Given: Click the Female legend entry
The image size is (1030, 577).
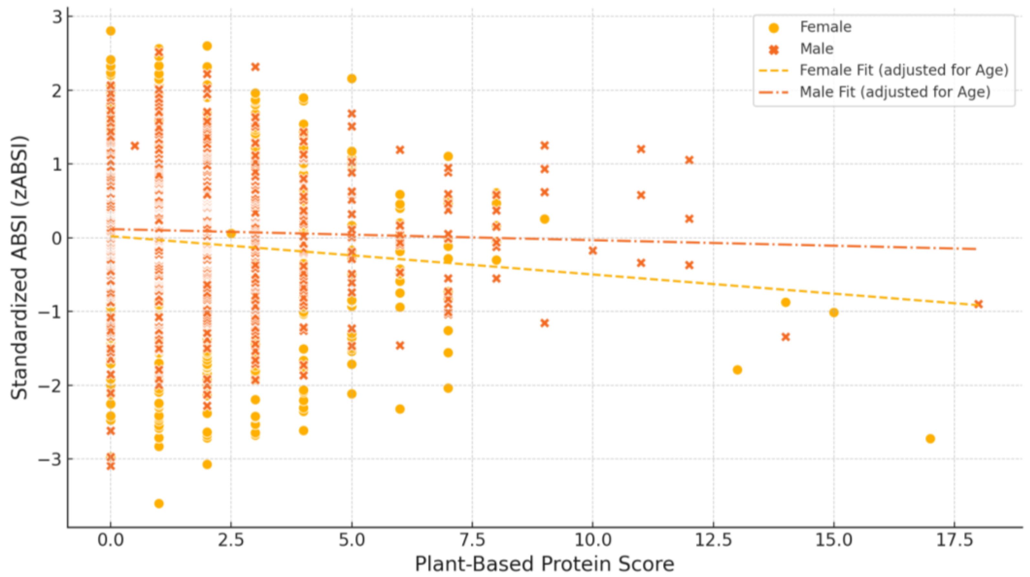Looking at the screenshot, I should click(825, 27).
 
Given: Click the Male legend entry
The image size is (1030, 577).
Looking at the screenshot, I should click(816, 49).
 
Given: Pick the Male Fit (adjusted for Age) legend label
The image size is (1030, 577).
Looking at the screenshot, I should click(895, 92).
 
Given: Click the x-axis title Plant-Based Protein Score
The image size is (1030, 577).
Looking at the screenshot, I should click(544, 564).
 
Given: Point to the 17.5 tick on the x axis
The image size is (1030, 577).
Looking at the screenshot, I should click(954, 540).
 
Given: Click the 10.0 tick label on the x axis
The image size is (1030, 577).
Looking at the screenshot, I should click(592, 540).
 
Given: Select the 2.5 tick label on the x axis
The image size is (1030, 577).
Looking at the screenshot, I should click(231, 540).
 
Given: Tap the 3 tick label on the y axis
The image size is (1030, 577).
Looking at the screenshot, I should click(58, 16).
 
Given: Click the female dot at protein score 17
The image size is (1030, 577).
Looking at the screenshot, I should click(930, 439).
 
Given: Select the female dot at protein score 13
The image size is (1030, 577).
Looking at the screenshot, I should click(737, 370).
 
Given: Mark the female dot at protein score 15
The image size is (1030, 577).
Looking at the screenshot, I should click(834, 312).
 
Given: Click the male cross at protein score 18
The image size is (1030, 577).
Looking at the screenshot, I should click(978, 304).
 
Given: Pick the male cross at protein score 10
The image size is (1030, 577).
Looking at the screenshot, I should click(593, 251).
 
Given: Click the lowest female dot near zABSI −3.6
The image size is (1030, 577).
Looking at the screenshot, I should click(159, 504).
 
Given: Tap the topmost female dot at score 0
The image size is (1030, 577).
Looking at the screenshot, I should click(111, 31).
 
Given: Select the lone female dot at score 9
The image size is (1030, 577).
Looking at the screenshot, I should click(544, 219).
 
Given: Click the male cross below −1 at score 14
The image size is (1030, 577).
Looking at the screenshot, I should click(785, 337).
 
